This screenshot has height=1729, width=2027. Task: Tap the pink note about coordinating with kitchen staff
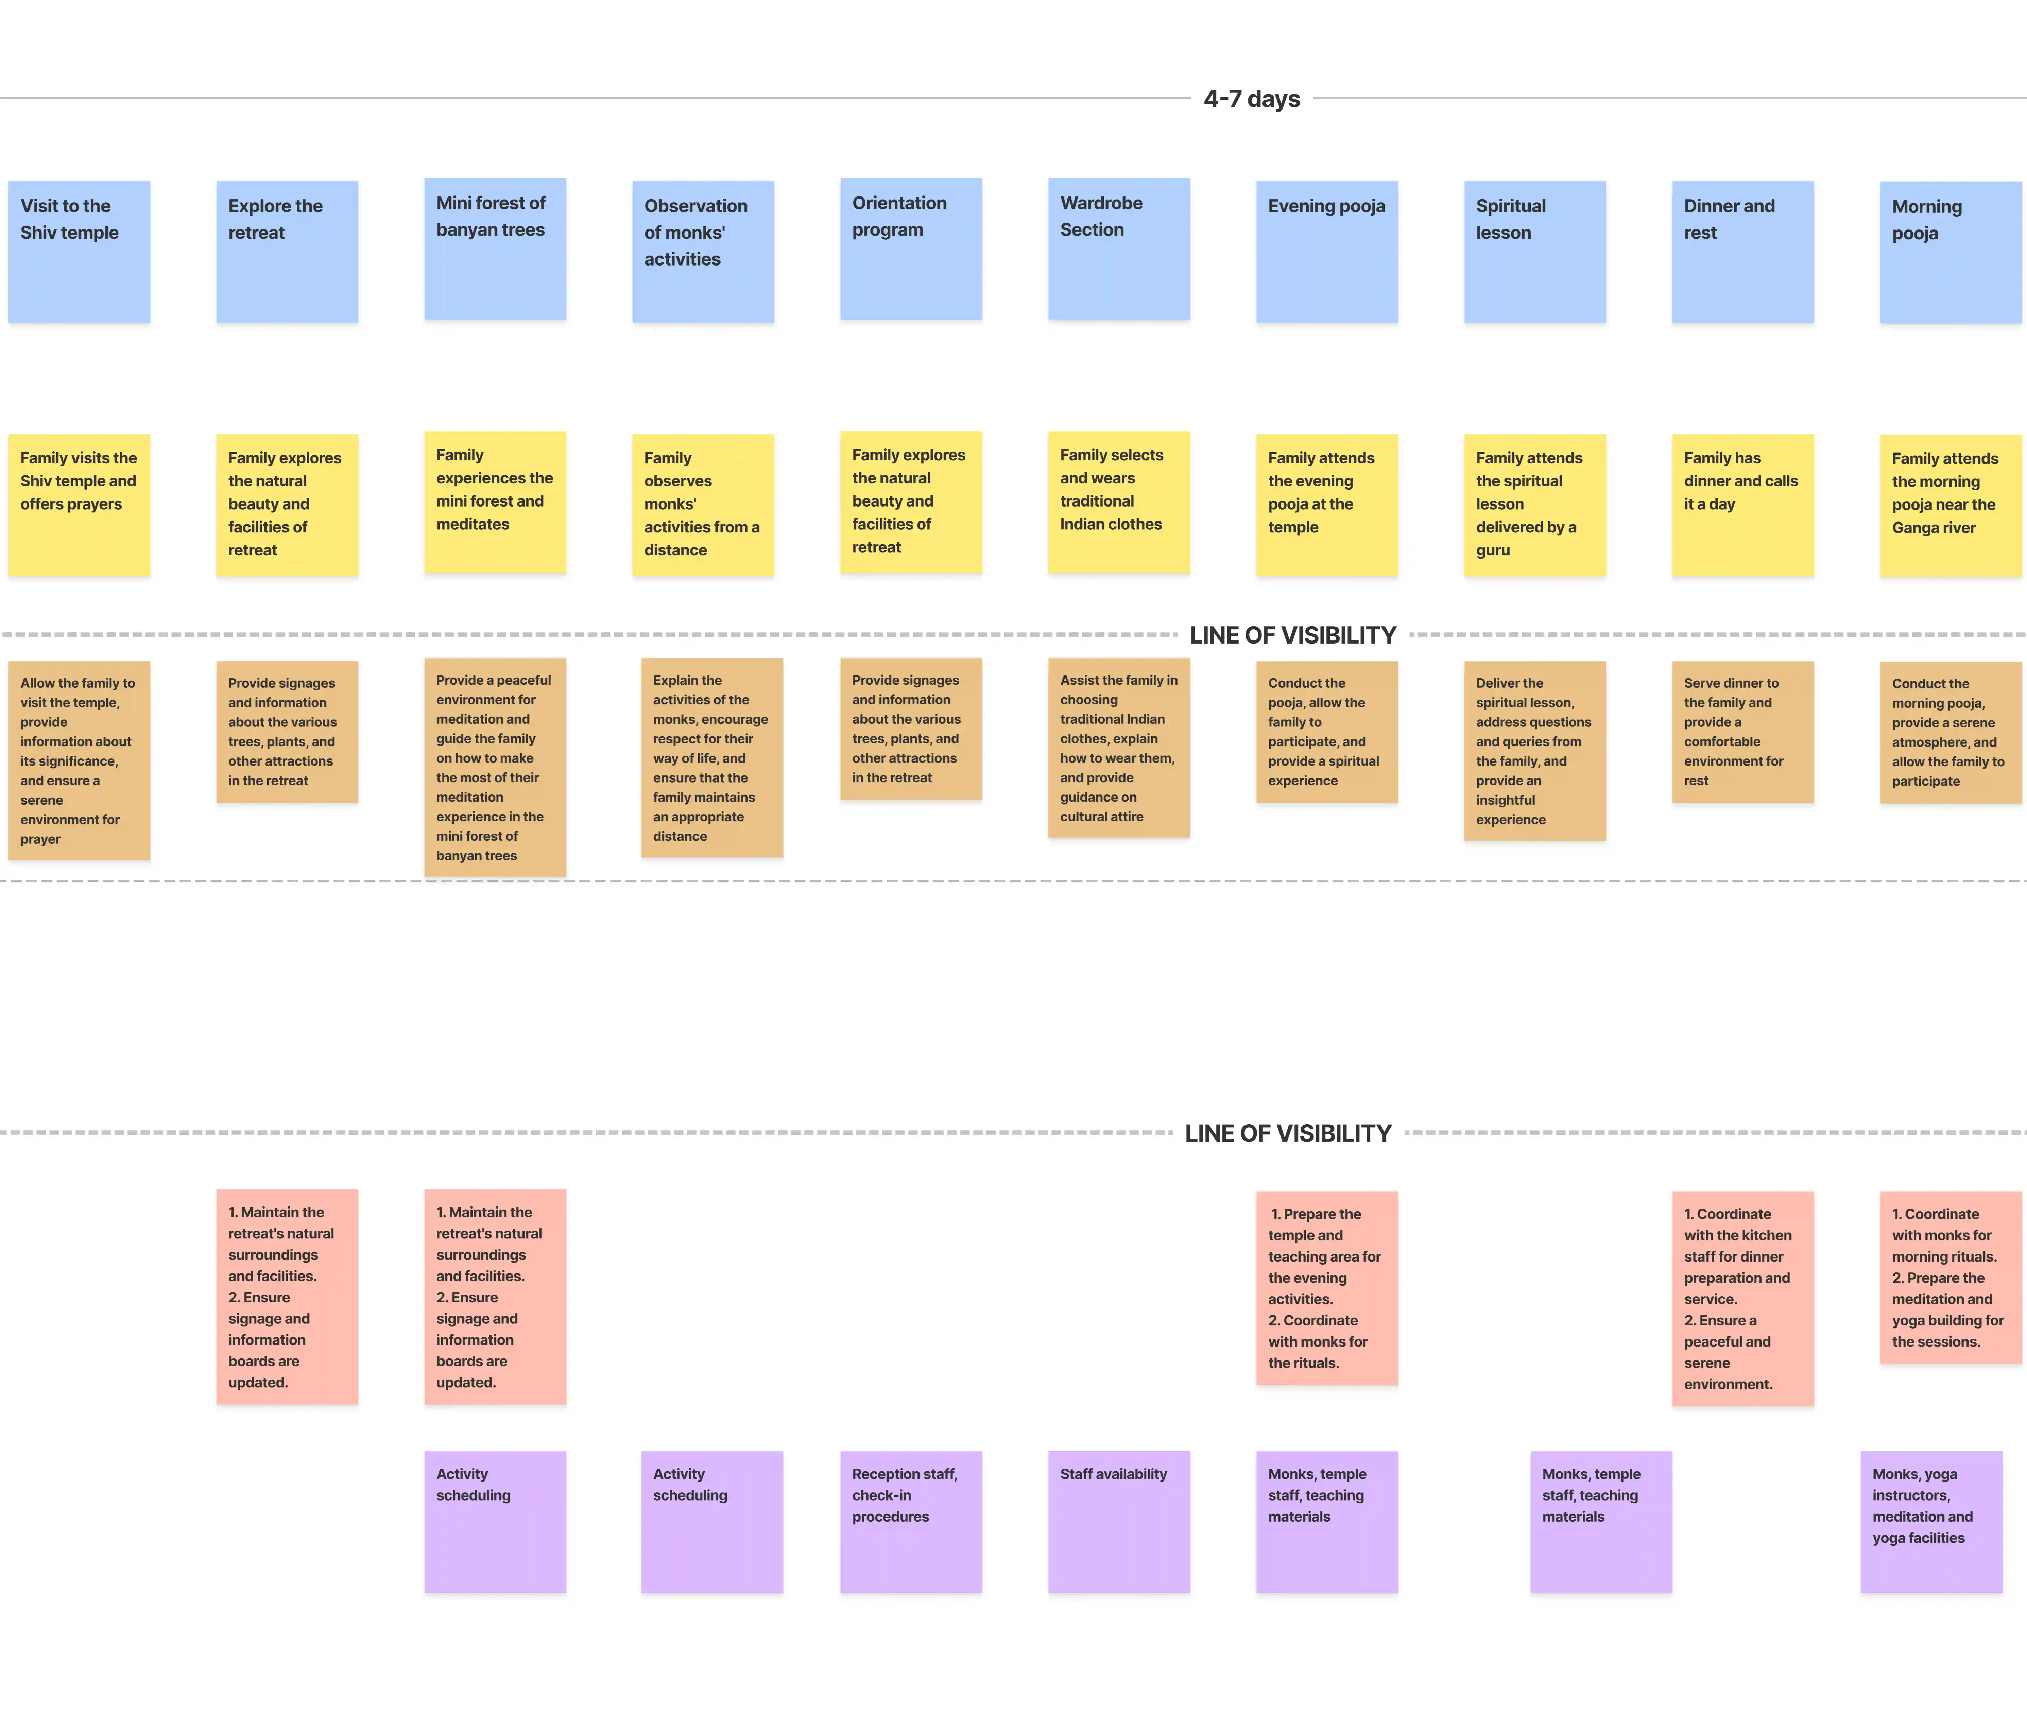tap(1742, 1298)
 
